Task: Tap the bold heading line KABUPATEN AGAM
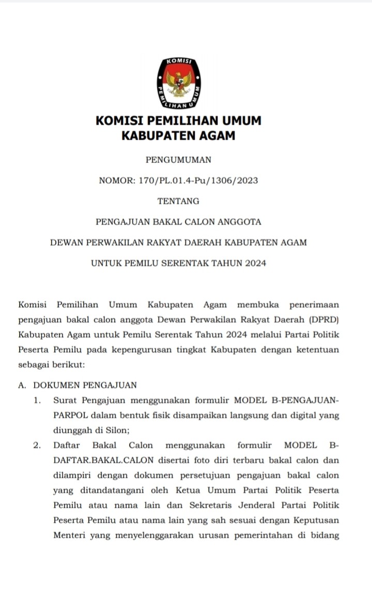(178, 136)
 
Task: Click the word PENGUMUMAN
(178, 160)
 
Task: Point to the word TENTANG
(178, 201)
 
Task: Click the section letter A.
(22, 385)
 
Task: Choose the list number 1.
(37, 400)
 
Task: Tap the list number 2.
(37, 445)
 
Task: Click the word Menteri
(69, 535)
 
